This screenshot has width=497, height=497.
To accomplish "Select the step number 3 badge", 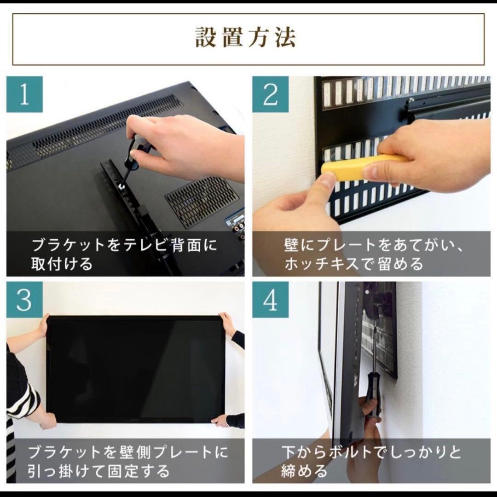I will point(24,300).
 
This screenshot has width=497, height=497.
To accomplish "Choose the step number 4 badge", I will point(271,300).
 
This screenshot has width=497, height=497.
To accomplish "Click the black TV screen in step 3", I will point(136,368).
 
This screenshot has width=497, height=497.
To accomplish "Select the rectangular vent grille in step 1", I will point(202,196).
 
